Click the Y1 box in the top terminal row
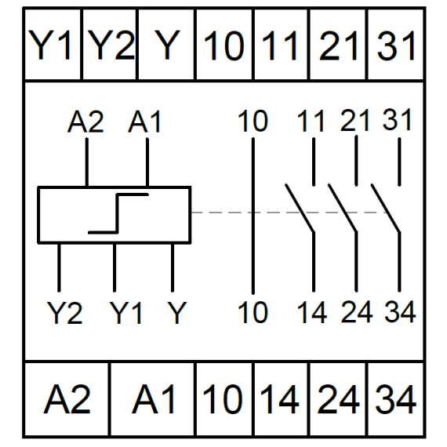point(53,45)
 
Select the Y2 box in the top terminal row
point(110,45)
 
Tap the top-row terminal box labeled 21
point(338,45)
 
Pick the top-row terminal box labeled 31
point(396,45)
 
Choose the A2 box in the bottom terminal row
point(67,399)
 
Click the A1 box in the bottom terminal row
point(153,399)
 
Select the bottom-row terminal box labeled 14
point(281,399)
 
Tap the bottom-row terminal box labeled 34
point(396,399)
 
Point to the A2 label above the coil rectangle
point(85,122)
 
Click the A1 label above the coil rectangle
point(145,122)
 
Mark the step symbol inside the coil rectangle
point(118,213)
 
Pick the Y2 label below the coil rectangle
point(65,313)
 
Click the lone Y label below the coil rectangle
point(177,313)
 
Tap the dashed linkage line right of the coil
point(289,213)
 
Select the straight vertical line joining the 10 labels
point(253,216)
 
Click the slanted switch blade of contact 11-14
point(300,208)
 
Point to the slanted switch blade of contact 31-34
point(386,208)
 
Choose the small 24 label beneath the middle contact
point(357,312)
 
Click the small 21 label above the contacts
point(355,120)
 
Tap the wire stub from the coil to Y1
point(114,267)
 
